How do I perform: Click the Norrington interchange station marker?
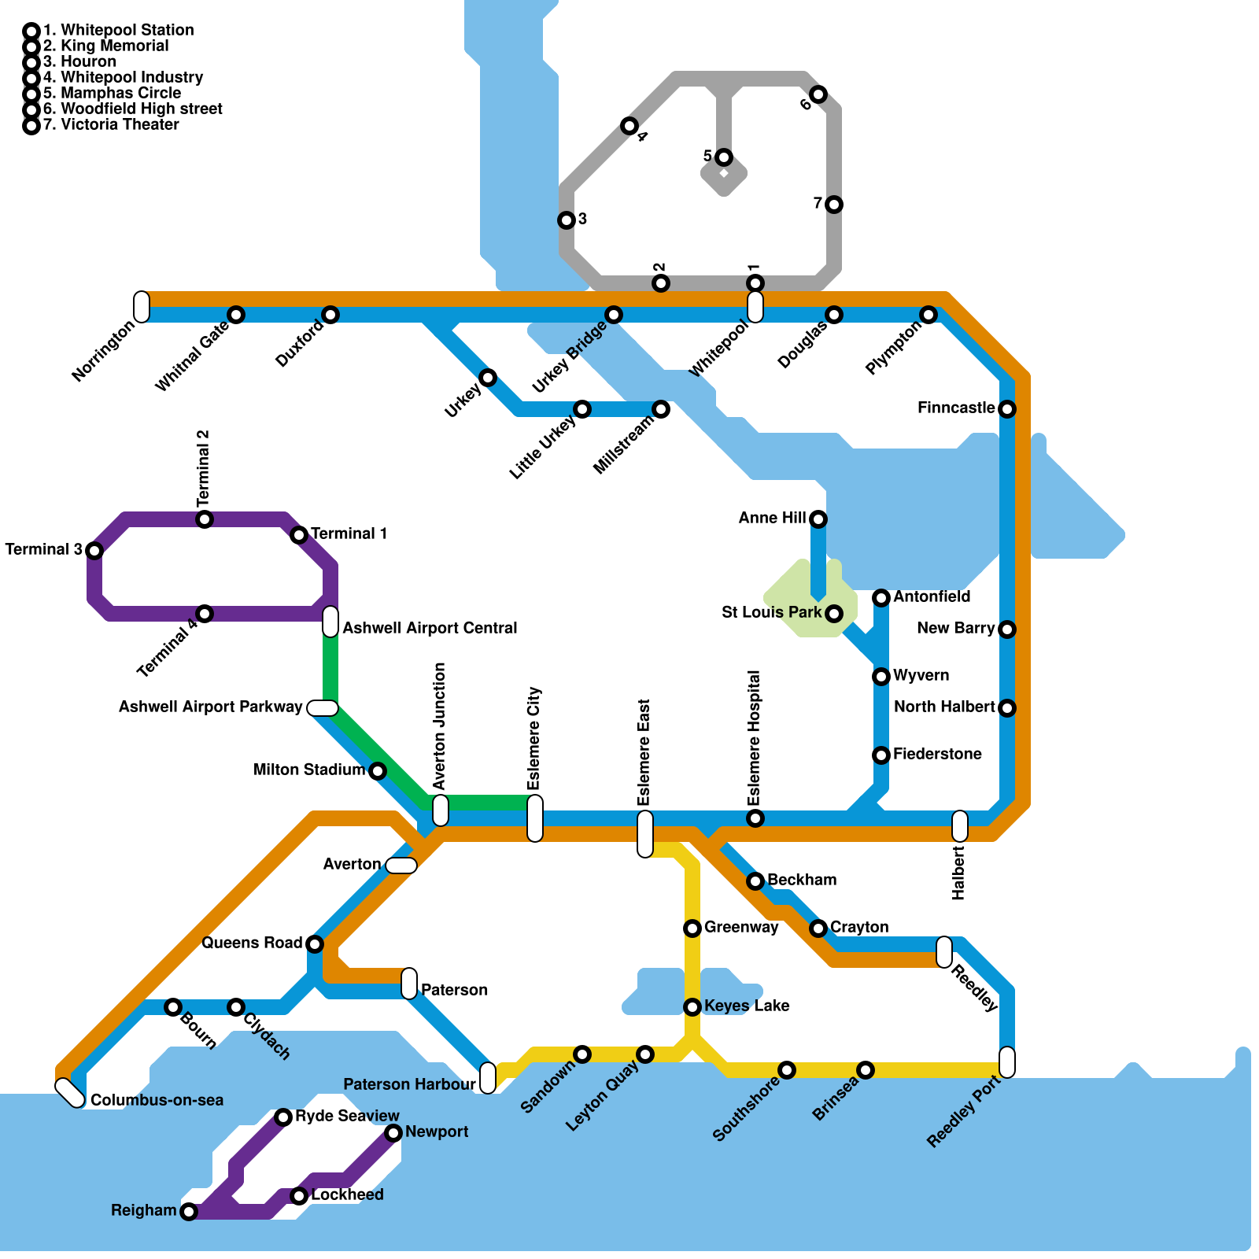[x=142, y=307]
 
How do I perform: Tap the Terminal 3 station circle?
[x=94, y=551]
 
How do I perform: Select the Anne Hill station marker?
[x=818, y=519]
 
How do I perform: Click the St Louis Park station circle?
[x=834, y=614]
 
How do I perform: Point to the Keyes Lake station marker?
[x=692, y=1007]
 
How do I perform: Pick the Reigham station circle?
[x=189, y=1212]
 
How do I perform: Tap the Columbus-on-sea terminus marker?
[x=70, y=1092]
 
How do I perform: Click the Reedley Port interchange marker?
[x=1007, y=1062]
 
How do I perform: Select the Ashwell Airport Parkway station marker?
[x=323, y=708]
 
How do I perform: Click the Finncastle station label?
[x=956, y=408]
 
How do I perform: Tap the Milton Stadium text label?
[x=309, y=770]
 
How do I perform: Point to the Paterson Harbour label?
[x=409, y=1084]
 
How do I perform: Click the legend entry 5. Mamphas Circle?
[x=112, y=93]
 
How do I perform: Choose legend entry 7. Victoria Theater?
[x=111, y=124]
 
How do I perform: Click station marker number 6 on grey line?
[x=818, y=94]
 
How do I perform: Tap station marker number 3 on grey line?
[x=567, y=220]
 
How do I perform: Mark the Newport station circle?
[x=393, y=1133]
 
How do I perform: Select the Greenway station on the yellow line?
[x=692, y=929]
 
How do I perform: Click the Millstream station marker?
[x=661, y=409]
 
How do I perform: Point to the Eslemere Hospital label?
[x=754, y=737]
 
